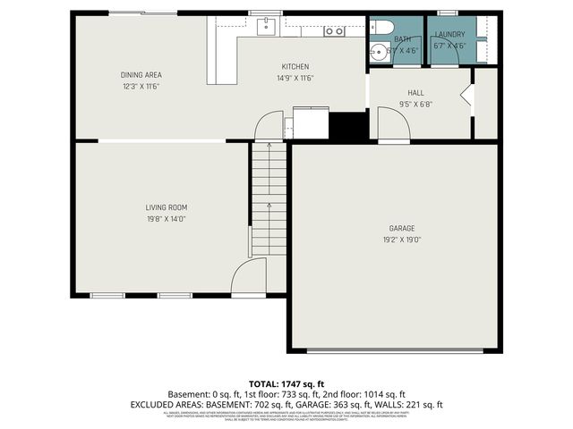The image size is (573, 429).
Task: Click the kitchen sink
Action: (x=266, y=27)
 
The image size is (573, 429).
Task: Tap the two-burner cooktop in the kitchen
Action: (x=334, y=31)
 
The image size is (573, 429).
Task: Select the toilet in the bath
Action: (x=379, y=26)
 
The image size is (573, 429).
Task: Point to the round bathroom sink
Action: (x=377, y=51)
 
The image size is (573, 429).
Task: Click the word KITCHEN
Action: (x=295, y=67)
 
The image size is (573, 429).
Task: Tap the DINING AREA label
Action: (x=141, y=75)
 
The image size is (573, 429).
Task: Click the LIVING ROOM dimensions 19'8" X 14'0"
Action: (x=167, y=218)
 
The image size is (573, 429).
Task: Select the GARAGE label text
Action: (x=401, y=229)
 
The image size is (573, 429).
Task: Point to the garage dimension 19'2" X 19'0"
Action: (x=401, y=240)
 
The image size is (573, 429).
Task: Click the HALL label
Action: (x=415, y=92)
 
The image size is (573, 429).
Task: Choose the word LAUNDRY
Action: (x=449, y=34)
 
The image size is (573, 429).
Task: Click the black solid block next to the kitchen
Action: (x=349, y=125)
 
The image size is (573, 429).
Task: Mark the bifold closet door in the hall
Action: (x=466, y=98)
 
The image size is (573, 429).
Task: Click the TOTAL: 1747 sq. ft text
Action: (x=286, y=383)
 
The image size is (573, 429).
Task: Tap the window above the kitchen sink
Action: (x=261, y=13)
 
